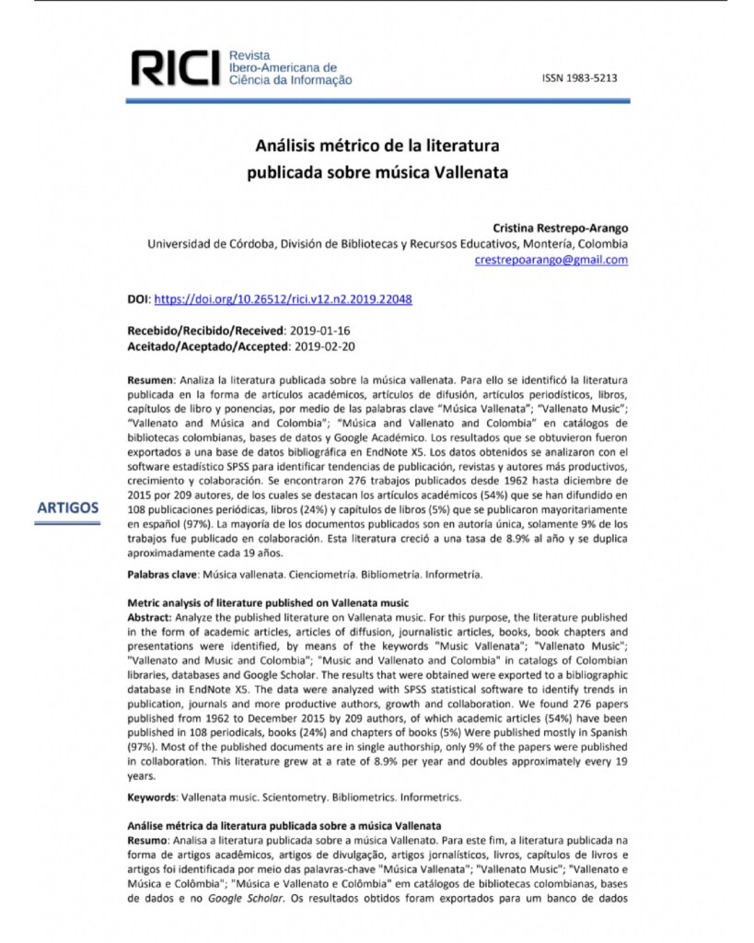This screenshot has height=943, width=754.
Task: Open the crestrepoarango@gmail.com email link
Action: (x=551, y=260)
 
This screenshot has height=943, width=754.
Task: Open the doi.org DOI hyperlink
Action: (x=282, y=299)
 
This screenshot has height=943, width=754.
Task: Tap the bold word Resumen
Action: (x=150, y=379)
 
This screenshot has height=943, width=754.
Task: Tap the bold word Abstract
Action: (x=148, y=617)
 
